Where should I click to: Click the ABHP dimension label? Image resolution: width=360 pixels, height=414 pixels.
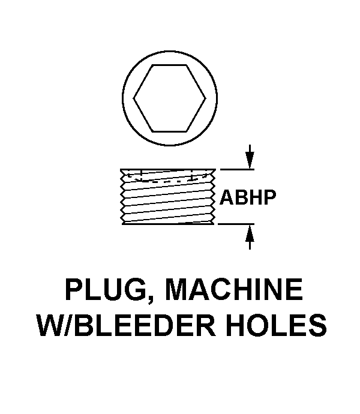coord(248,197)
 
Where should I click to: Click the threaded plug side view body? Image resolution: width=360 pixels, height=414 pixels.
coord(169,196)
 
